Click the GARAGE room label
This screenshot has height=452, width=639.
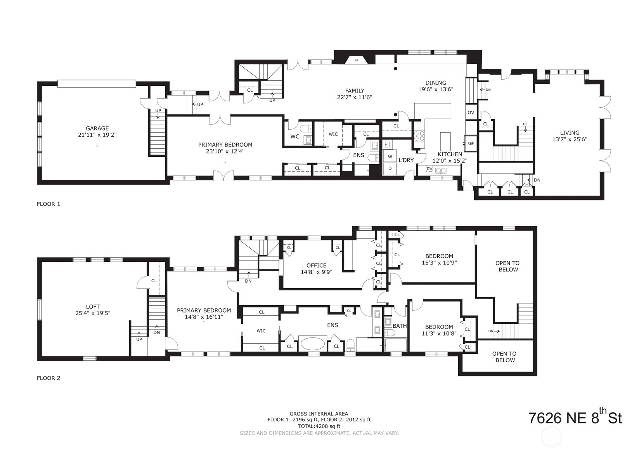point(97,128)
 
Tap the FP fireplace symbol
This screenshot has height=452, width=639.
point(356,60)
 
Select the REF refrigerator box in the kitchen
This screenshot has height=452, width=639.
point(470,143)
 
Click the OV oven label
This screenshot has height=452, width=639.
point(471,113)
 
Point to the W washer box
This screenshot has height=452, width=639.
point(390,157)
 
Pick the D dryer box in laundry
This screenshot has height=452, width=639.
point(390,169)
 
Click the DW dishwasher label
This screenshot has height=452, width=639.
point(429,169)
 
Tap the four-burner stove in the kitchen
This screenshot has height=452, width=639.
point(419,136)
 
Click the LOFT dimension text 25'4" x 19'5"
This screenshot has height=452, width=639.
point(93,313)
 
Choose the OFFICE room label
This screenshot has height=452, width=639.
point(316,265)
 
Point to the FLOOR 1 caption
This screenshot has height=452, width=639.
point(48,204)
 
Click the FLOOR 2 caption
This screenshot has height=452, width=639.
point(48,378)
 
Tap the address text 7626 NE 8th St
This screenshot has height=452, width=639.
point(575,418)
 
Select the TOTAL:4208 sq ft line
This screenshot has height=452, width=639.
point(319,426)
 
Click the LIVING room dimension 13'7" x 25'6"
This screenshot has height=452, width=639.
point(570,139)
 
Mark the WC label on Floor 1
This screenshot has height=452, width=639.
point(295,137)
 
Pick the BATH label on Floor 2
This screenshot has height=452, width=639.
point(399,326)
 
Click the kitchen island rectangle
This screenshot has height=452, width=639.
point(445,142)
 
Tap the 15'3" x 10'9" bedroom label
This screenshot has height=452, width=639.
point(439,262)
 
